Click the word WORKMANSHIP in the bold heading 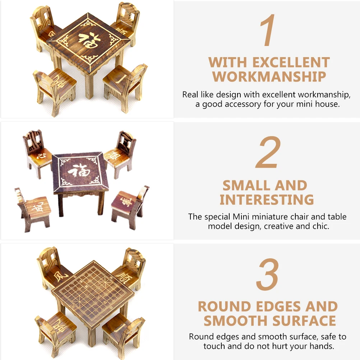coord(269,77)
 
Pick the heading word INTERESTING coord(267,200)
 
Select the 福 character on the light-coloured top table coord(88,41)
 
